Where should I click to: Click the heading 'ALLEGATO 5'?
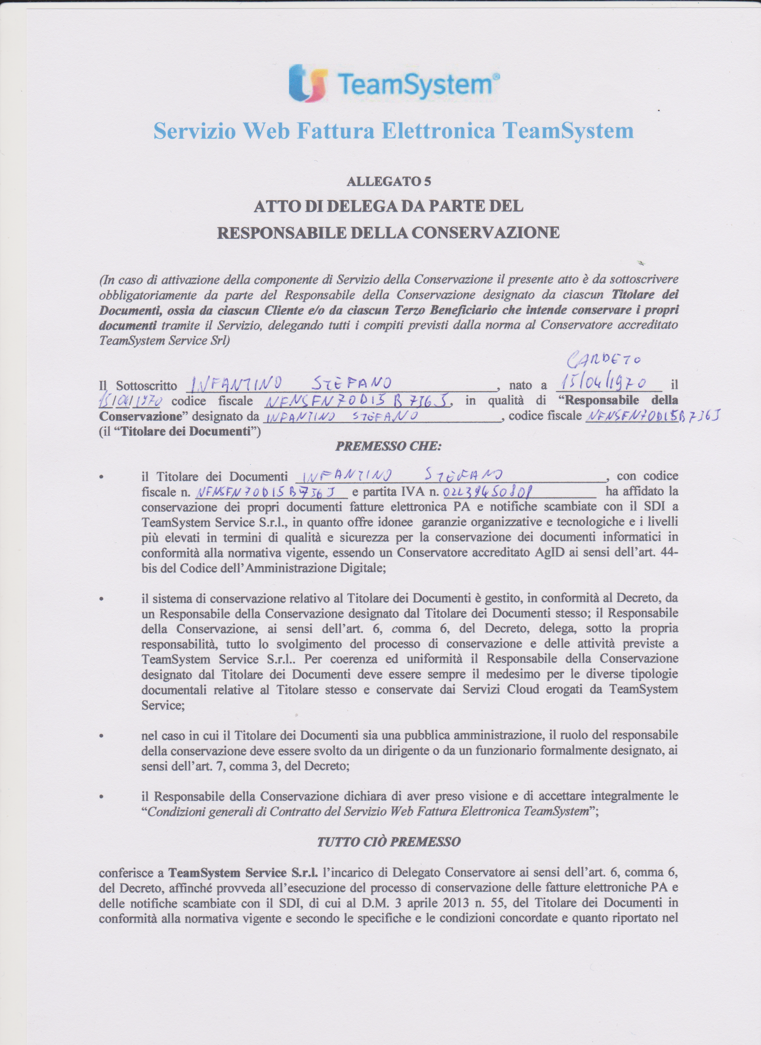[389, 181]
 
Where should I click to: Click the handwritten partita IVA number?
[488, 493]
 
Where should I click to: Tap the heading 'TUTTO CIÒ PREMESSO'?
[389, 842]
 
